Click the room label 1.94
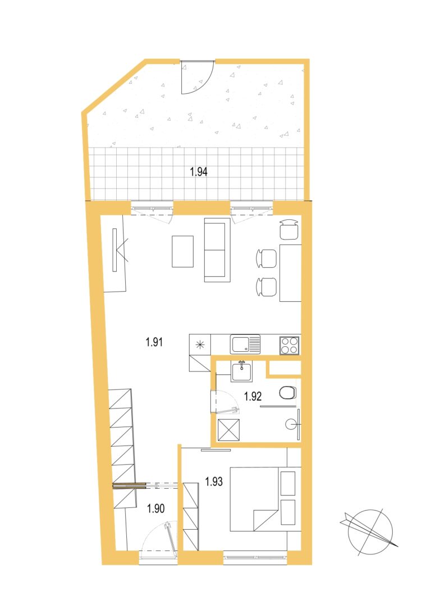click(199, 172)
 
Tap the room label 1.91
click(154, 342)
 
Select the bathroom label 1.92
click(253, 396)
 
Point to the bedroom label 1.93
click(214, 481)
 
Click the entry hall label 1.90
click(156, 508)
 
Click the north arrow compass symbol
click(369, 531)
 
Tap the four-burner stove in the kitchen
click(290, 345)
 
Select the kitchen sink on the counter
click(245, 345)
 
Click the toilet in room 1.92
click(288, 392)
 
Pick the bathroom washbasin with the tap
click(241, 371)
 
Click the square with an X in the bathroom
click(228, 430)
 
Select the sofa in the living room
click(217, 250)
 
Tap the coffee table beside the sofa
click(183, 251)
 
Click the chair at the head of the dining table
click(290, 230)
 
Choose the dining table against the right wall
click(291, 273)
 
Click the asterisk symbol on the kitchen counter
click(200, 345)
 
